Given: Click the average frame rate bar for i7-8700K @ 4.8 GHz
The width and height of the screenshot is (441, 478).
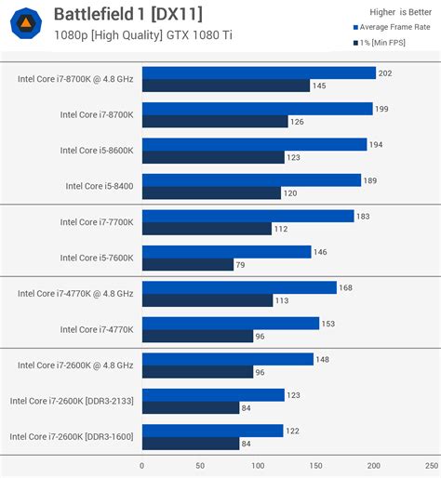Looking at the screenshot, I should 259,73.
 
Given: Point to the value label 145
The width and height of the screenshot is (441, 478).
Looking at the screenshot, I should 321,86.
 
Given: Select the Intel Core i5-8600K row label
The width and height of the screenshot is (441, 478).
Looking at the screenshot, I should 97,150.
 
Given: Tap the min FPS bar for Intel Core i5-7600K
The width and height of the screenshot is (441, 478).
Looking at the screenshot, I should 188,264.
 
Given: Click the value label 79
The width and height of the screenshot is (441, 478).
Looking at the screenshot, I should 243,264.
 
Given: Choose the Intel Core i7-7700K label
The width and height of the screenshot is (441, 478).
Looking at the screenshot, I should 97,221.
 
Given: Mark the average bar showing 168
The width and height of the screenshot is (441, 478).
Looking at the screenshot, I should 239,287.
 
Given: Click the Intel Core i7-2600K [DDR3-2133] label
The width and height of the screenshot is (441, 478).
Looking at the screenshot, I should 72,401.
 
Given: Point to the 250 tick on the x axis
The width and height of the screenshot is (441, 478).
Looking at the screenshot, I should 431,465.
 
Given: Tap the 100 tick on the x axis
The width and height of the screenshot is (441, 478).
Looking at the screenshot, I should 258,465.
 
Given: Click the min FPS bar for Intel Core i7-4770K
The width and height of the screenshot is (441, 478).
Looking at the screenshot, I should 197,336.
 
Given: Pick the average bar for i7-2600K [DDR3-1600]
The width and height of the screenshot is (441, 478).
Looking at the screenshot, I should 212,431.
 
